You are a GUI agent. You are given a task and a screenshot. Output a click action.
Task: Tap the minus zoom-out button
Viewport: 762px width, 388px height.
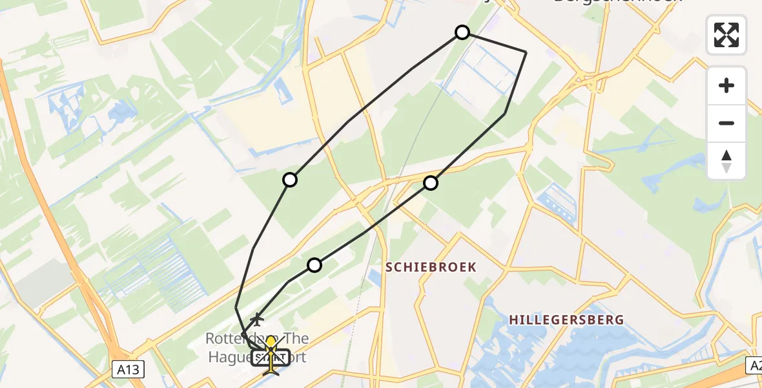[726, 123]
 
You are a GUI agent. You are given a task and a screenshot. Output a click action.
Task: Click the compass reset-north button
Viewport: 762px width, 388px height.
[726, 161]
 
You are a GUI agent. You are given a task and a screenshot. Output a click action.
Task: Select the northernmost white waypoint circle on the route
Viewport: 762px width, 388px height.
[462, 32]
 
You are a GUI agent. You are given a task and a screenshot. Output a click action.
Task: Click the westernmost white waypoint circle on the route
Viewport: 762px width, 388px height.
[291, 180]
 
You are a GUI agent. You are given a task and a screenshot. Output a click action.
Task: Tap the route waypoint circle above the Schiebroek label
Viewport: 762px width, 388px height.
[431, 183]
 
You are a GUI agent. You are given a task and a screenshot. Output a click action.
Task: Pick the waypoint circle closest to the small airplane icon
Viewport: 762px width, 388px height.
[314, 264]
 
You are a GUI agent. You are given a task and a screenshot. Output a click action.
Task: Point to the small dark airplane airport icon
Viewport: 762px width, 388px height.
[258, 319]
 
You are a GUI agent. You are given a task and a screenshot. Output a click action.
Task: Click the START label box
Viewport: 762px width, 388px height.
[271, 357]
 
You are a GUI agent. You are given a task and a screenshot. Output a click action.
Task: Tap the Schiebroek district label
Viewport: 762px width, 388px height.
[431, 267]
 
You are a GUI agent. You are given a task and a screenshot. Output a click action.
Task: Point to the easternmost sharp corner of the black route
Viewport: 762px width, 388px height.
[526, 52]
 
